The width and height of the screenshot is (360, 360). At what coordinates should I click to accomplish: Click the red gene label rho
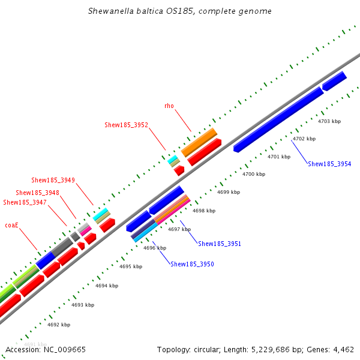(169, 106)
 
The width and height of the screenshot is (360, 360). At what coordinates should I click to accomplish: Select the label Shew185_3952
(127, 125)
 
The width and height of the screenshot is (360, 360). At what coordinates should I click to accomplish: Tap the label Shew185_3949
(53, 179)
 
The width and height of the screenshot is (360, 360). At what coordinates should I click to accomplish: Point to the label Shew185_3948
(38, 193)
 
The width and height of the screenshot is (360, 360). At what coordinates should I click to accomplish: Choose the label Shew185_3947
(25, 202)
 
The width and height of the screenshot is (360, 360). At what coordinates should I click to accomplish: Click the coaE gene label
(12, 225)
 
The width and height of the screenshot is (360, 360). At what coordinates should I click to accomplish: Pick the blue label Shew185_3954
(329, 164)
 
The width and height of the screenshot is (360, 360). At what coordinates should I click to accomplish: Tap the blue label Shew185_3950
(192, 264)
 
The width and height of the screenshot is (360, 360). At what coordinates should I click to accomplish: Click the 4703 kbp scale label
(329, 121)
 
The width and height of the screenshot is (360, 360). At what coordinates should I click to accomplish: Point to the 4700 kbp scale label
(253, 174)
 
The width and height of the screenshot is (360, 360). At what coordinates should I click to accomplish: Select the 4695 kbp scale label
(131, 266)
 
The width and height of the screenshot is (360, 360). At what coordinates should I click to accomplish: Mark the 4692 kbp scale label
(58, 325)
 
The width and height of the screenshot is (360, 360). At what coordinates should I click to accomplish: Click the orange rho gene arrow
(199, 142)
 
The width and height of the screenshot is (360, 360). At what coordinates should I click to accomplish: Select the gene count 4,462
(343, 349)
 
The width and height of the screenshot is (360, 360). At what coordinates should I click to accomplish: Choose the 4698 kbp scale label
(204, 211)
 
